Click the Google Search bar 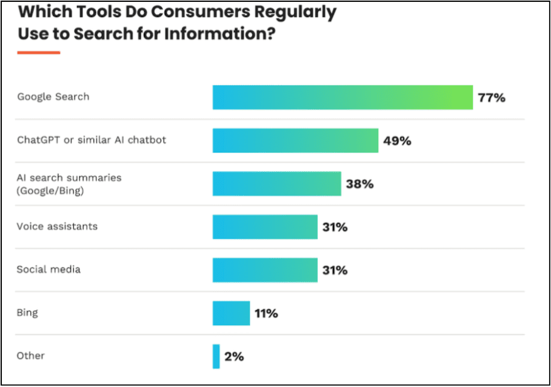point(342,98)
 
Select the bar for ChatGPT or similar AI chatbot point(295,141)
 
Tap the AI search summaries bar point(276,184)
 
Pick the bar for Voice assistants point(265,227)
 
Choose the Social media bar point(265,270)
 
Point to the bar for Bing point(231,313)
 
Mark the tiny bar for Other point(216,356)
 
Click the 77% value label point(491,98)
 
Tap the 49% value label point(397,141)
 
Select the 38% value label point(359,184)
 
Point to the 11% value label point(266,314)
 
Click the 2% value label point(234,357)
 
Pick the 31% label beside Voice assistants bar point(335,228)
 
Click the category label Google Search point(53,97)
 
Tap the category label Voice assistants point(57,227)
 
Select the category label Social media point(48,270)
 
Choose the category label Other point(31,356)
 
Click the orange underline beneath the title point(38,53)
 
